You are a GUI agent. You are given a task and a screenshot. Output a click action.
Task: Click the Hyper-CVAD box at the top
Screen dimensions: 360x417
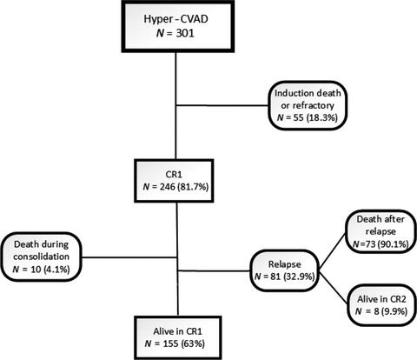pyautogui.click(x=177, y=30)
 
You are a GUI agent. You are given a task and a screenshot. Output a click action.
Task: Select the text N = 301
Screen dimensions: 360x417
pyautogui.click(x=177, y=41)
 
